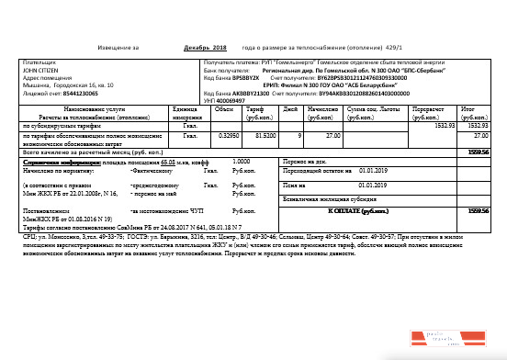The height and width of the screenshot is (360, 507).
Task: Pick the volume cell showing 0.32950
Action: (221, 135)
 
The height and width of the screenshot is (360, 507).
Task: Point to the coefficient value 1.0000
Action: (241, 160)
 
